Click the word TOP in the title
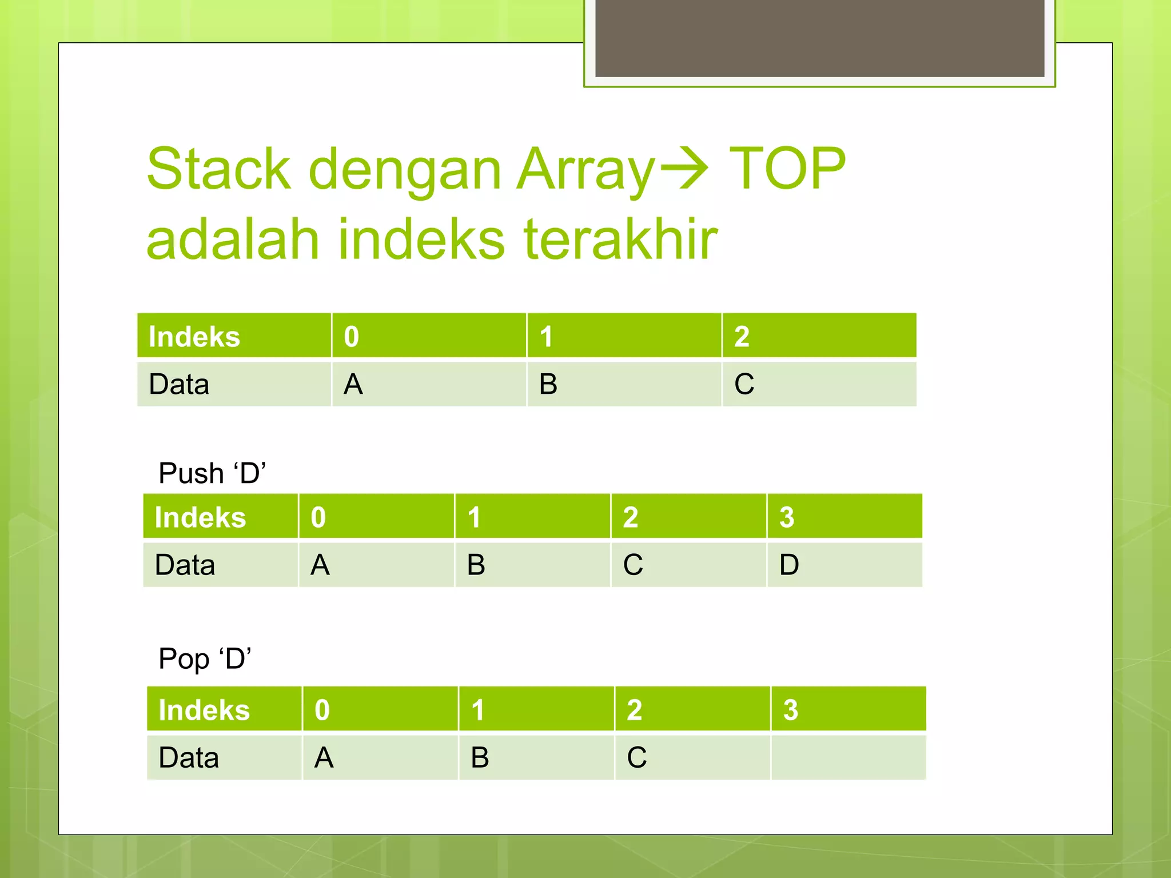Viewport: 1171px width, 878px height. [787, 169]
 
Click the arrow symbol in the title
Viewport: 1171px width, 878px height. [684, 169]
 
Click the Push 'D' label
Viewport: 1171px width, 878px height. [212, 473]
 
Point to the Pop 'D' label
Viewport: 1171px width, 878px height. [205, 658]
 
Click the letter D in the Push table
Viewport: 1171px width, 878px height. [789, 565]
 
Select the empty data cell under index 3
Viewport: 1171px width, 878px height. [848, 757]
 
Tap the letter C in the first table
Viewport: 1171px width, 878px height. [744, 384]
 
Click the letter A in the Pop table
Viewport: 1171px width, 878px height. [324, 757]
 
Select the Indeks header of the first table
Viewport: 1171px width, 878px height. [194, 336]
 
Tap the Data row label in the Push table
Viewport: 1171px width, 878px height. [185, 565]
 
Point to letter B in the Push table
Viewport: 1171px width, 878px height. [476, 565]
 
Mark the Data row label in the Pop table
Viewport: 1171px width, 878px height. [189, 757]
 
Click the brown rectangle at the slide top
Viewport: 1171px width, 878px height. [819, 38]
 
